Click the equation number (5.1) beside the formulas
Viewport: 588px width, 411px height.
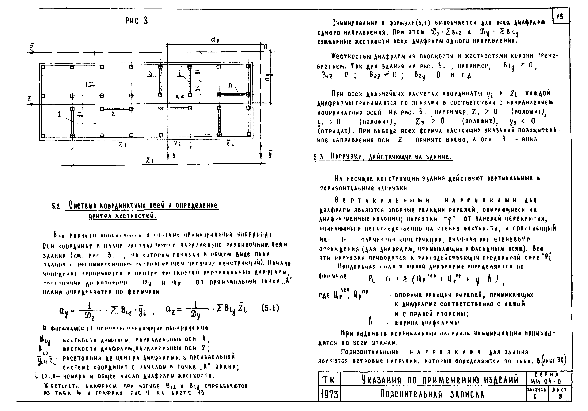pos(270,308)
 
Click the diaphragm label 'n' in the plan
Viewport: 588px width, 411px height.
pos(230,85)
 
